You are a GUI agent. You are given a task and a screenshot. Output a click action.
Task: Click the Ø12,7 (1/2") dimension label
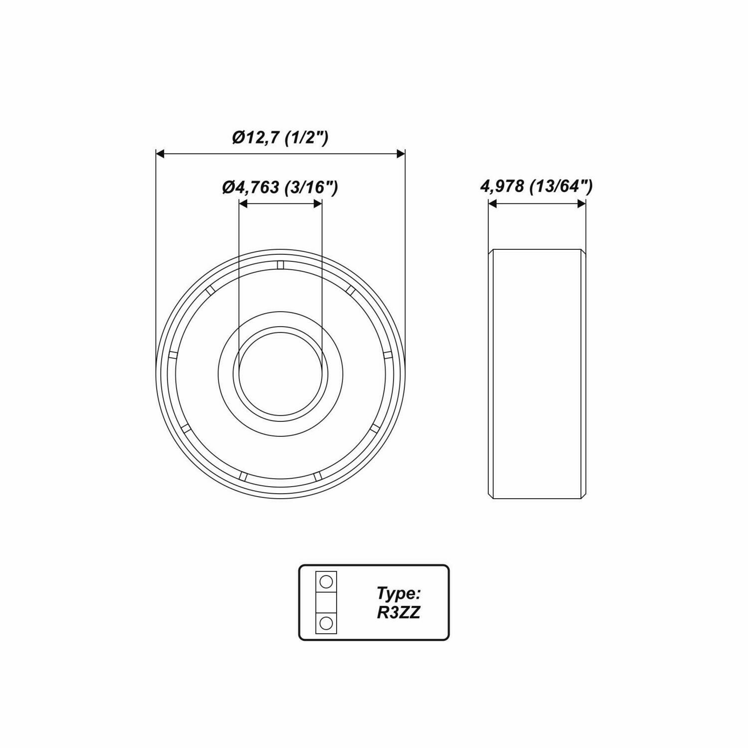(280, 138)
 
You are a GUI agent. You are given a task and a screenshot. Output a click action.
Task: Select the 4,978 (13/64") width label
(536, 187)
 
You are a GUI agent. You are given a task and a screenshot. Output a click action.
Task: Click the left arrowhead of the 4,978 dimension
(493, 203)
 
